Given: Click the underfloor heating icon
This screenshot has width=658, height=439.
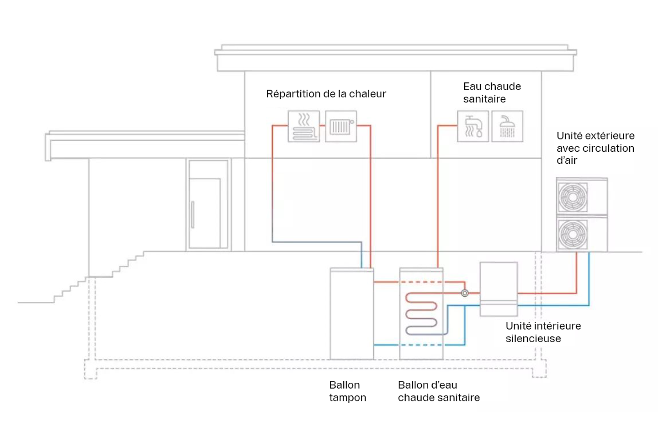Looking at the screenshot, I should (304, 126).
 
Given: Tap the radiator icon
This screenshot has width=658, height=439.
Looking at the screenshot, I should (341, 126).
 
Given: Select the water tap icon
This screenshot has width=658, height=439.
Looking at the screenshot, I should (473, 126).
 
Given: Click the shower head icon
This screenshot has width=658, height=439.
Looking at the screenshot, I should (507, 126).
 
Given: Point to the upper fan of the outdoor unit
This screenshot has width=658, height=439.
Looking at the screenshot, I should (573, 197).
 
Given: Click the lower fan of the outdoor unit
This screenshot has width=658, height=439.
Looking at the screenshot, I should (573, 234).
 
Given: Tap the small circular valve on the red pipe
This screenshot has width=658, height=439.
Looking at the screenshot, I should (465, 293).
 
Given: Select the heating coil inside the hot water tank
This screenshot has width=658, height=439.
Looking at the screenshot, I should (421, 314).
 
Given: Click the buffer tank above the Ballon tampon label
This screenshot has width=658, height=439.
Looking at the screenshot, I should (352, 314).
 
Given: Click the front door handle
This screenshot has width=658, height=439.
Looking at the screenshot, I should (193, 214).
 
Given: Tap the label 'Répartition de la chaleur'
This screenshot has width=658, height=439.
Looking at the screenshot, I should (326, 94).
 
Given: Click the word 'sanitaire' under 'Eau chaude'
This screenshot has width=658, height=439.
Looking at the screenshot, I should (484, 99).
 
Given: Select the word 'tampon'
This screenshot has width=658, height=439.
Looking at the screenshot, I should (348, 398).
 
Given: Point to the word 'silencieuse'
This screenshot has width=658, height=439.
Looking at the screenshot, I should (533, 339).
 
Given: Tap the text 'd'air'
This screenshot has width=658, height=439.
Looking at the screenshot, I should (567, 161).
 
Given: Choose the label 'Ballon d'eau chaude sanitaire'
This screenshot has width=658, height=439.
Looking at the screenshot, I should (439, 391).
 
